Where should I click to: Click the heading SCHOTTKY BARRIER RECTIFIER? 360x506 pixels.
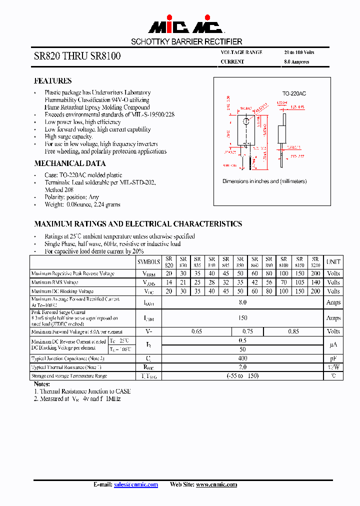point(186,42)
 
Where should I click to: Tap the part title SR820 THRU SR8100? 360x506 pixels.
point(77,56)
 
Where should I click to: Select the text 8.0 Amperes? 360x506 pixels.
point(296,62)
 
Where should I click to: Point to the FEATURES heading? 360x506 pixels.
point(52,81)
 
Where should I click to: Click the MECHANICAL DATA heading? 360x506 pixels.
point(69,163)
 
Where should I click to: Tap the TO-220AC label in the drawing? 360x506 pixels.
point(294,93)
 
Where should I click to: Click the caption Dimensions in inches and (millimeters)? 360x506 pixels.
point(264,181)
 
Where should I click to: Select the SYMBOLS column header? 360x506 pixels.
point(148,261)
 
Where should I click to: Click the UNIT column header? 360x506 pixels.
point(333,261)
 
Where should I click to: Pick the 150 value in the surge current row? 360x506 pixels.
point(242,318)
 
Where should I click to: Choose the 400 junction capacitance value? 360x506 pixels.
point(242,358)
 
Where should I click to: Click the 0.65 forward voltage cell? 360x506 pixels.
point(197,331)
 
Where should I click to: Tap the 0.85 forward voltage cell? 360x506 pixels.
point(293,331)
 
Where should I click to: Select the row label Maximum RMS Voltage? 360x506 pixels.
point(55,282)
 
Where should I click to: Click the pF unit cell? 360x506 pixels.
point(333,358)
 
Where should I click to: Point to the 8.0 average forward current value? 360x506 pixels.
point(242,302)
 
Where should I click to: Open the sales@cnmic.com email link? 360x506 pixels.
point(136,484)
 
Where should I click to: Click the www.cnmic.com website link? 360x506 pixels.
point(216,484)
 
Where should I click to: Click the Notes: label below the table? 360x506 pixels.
point(42,384)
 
